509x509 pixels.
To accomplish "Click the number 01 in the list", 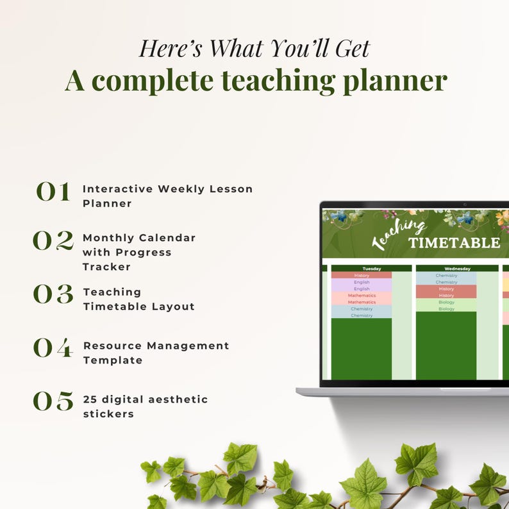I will [53, 192].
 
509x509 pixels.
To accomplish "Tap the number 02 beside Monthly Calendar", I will [53, 240].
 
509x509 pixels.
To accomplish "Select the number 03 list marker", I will [53, 294].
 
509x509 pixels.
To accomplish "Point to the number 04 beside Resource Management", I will [53, 347].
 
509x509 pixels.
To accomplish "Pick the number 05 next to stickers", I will [53, 401].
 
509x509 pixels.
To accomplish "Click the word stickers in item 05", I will [108, 414].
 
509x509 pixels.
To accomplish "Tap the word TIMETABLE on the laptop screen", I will [454, 242].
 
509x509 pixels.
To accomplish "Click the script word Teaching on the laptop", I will [399, 235].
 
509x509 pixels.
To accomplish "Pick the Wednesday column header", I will [457, 269].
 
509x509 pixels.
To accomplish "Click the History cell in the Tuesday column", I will [362, 276].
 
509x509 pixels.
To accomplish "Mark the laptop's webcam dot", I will [465, 204].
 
